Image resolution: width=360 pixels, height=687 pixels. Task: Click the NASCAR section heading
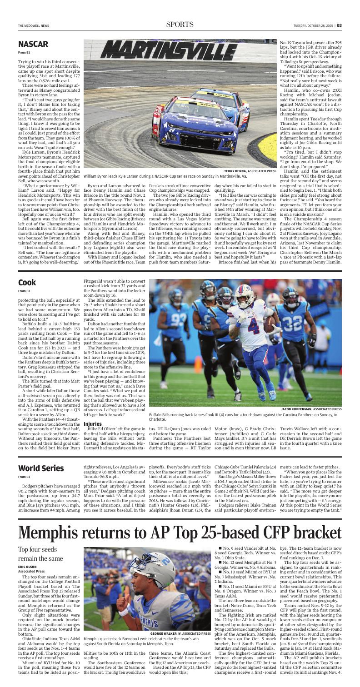pos(33,44)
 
